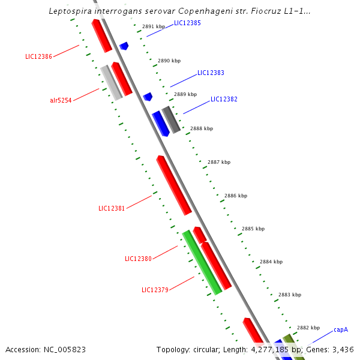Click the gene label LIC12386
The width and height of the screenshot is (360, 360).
[x=38, y=56]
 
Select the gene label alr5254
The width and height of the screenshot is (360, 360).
[x=61, y=100]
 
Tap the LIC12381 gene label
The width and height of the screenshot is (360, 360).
[x=112, y=208]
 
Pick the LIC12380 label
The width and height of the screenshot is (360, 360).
[x=138, y=259]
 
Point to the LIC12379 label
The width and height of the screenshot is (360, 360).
[x=155, y=290]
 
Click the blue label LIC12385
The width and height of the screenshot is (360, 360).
[x=187, y=23]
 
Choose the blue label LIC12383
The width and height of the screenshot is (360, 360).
[x=211, y=73]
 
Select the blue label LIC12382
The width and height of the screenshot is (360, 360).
[x=224, y=99]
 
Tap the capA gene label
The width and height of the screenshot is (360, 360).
[x=341, y=329]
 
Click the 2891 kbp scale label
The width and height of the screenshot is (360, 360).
[x=154, y=27]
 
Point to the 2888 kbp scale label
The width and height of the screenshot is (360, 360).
[x=202, y=128]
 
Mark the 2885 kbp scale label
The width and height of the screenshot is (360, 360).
[x=253, y=229]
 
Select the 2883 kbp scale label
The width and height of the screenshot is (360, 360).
[x=290, y=295]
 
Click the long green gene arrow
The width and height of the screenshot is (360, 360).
[x=202, y=262]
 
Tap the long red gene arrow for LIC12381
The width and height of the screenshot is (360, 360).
[x=174, y=185]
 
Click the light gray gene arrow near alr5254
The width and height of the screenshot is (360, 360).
[x=111, y=82]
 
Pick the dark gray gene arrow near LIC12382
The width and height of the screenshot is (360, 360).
[x=171, y=119]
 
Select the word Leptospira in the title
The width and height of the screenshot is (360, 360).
[x=67, y=11]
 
